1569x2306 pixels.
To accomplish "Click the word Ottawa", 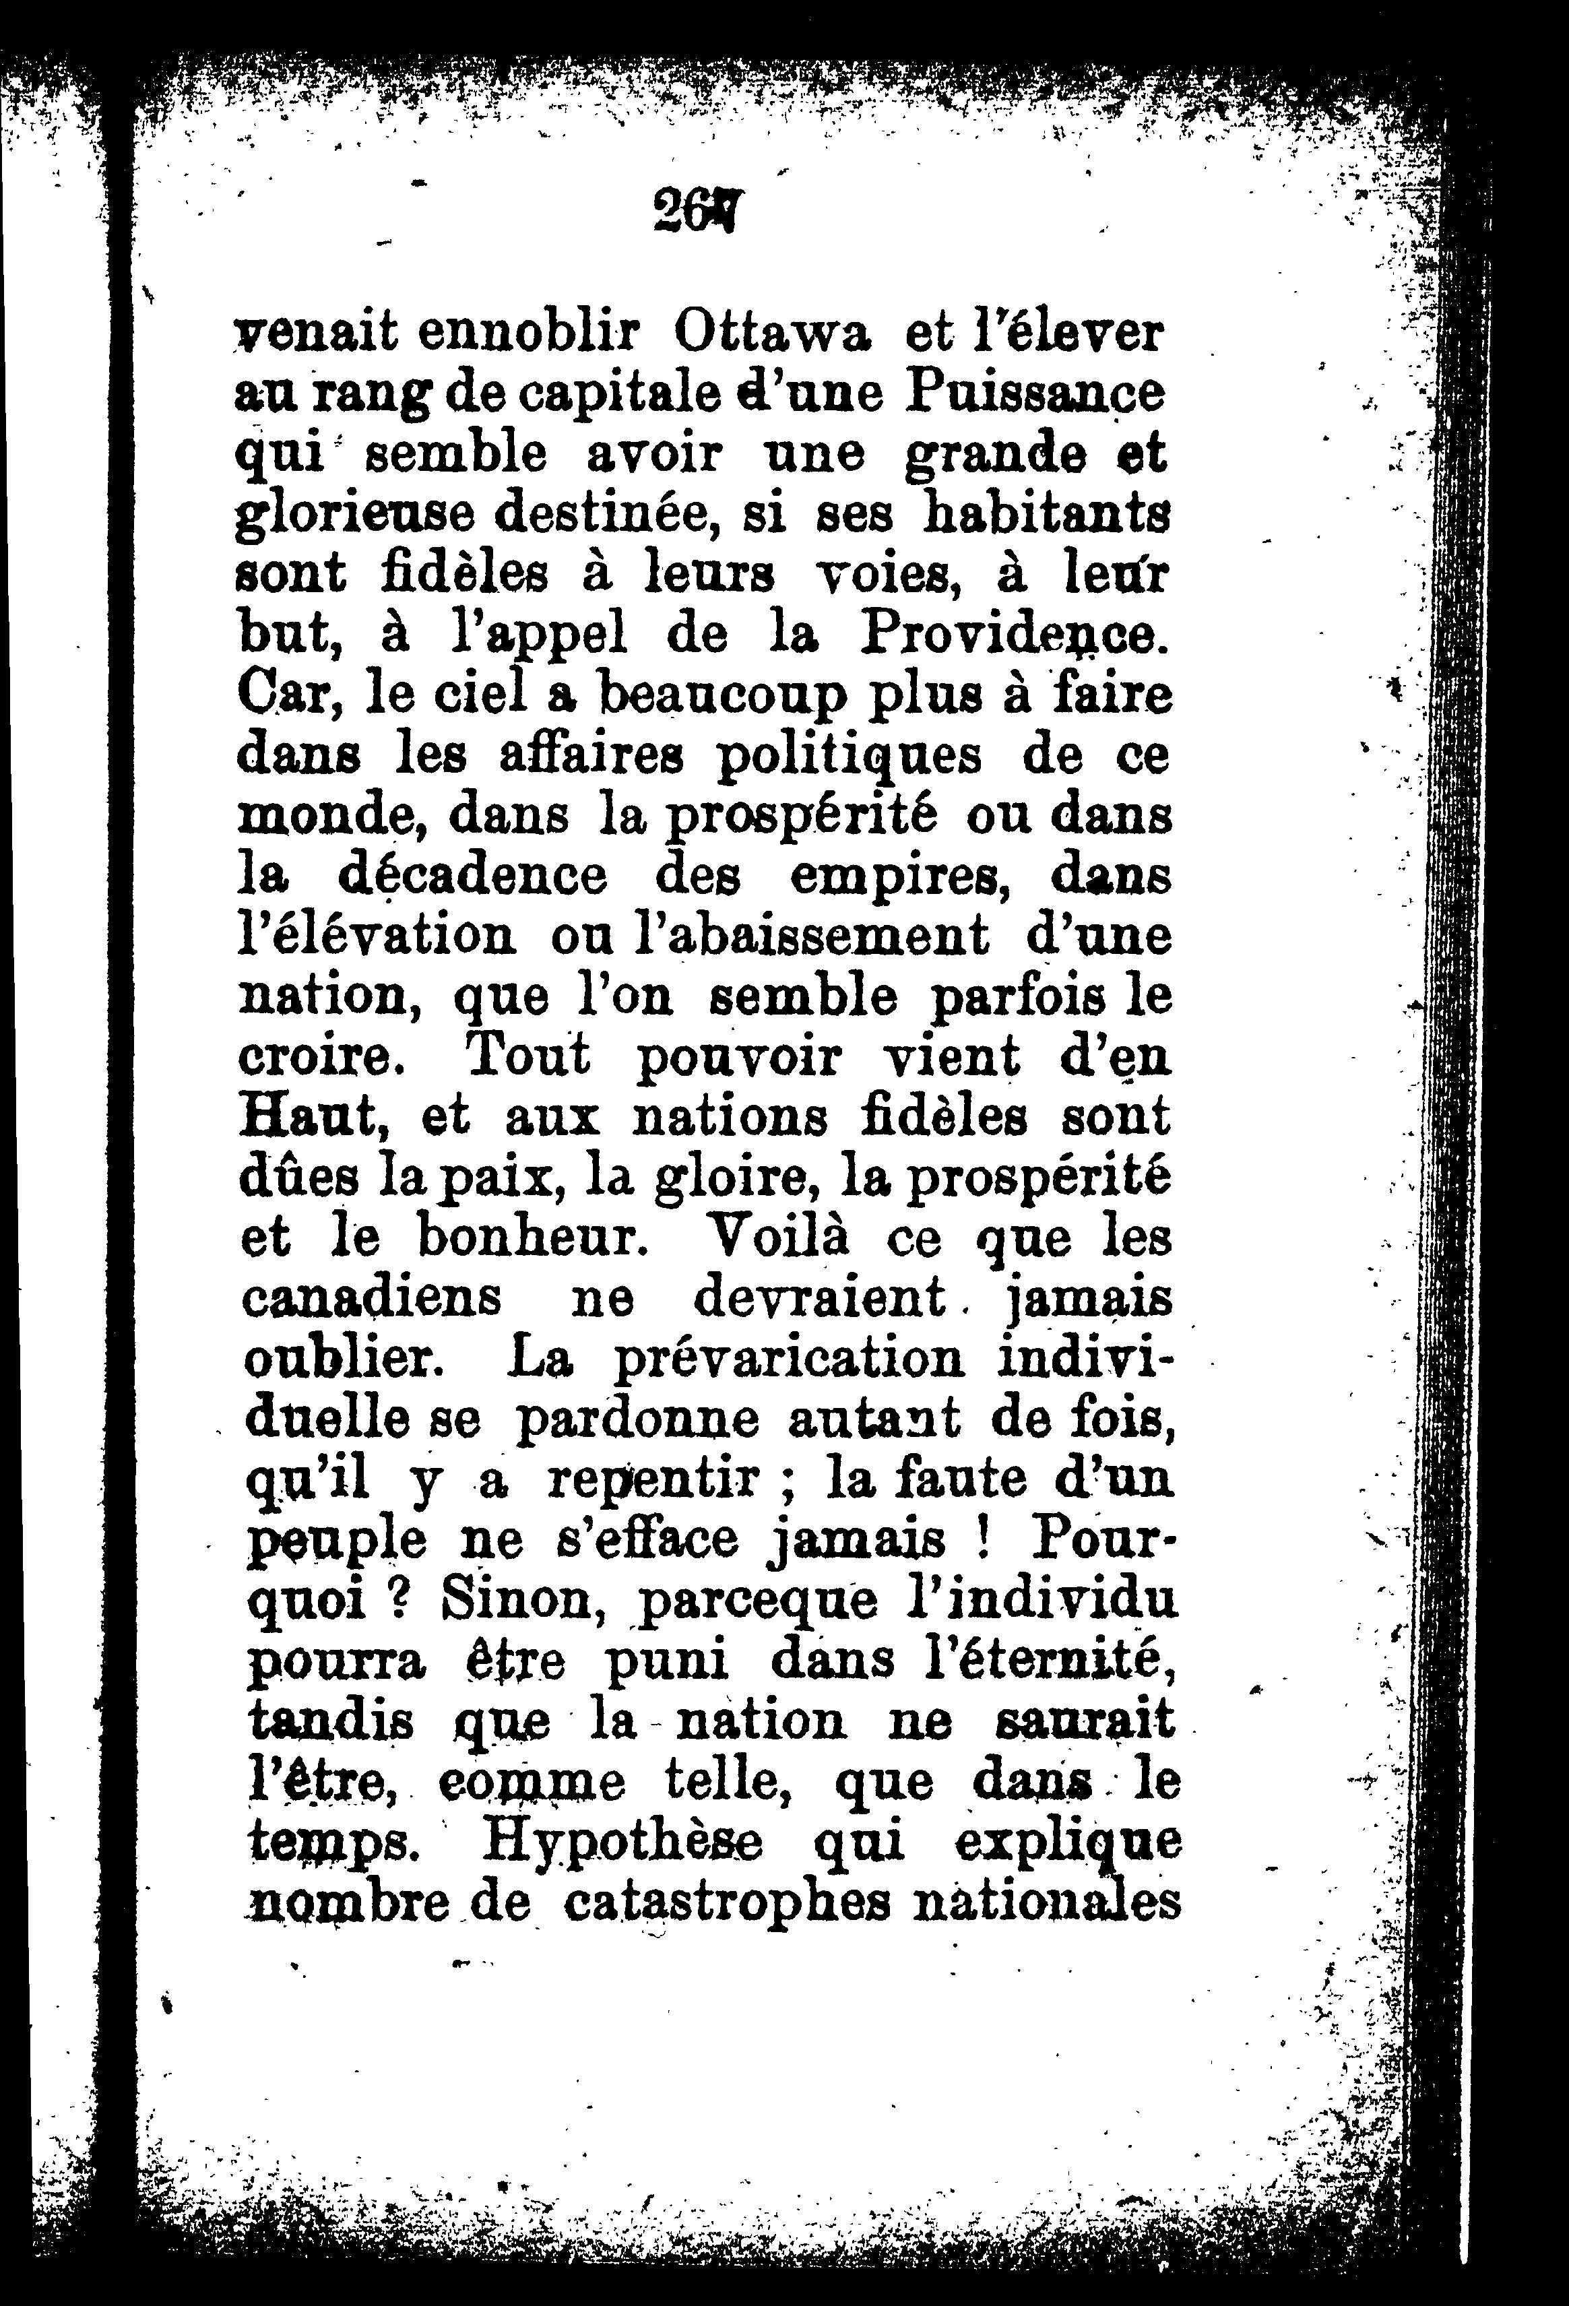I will click(771, 333).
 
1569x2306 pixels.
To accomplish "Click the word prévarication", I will click(789, 1358).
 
